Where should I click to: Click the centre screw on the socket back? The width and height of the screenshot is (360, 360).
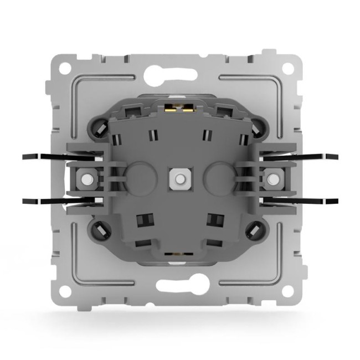(x=178, y=178)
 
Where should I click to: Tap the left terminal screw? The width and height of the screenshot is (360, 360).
(x=86, y=179)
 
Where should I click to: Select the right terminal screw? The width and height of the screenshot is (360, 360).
(x=271, y=179)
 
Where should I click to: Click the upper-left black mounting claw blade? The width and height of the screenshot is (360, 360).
(x=44, y=157)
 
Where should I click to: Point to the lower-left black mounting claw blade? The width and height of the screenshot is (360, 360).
(x=44, y=201)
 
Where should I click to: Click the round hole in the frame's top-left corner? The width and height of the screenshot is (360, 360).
(x=65, y=69)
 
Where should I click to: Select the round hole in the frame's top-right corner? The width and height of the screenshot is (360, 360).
(x=289, y=69)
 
